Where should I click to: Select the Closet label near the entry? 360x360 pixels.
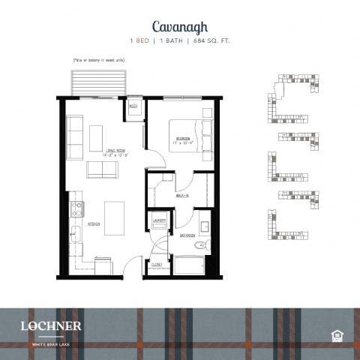(156, 264)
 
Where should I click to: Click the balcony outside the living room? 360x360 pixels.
(97, 81)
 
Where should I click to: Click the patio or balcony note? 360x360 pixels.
(98, 58)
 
